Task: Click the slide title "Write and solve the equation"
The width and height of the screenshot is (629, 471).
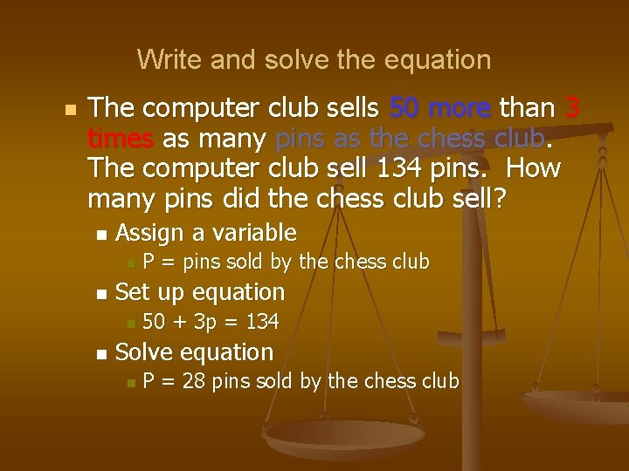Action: point(314,60)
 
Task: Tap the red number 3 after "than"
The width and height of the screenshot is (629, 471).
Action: point(572,108)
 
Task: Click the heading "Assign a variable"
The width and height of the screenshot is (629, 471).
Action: point(206,233)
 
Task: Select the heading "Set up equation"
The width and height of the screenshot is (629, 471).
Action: point(200,291)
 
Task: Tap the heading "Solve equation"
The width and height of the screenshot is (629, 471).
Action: point(194,352)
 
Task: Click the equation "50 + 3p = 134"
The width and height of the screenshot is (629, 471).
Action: point(211,323)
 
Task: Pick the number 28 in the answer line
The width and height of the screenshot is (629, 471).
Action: point(196,381)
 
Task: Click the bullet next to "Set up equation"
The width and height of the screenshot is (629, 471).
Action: point(102,294)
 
